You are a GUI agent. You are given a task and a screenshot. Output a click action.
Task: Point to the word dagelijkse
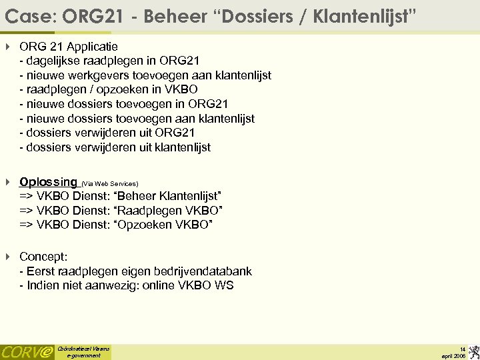tap(55, 61)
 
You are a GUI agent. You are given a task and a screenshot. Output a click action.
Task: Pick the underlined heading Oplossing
tap(48, 182)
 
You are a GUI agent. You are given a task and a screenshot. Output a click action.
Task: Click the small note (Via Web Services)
tap(110, 183)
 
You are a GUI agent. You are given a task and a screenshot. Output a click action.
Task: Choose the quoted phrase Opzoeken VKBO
tap(164, 225)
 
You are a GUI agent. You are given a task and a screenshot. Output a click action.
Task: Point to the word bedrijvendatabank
tap(201, 271)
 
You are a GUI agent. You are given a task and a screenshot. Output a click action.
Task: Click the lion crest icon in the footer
tap(472, 351)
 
